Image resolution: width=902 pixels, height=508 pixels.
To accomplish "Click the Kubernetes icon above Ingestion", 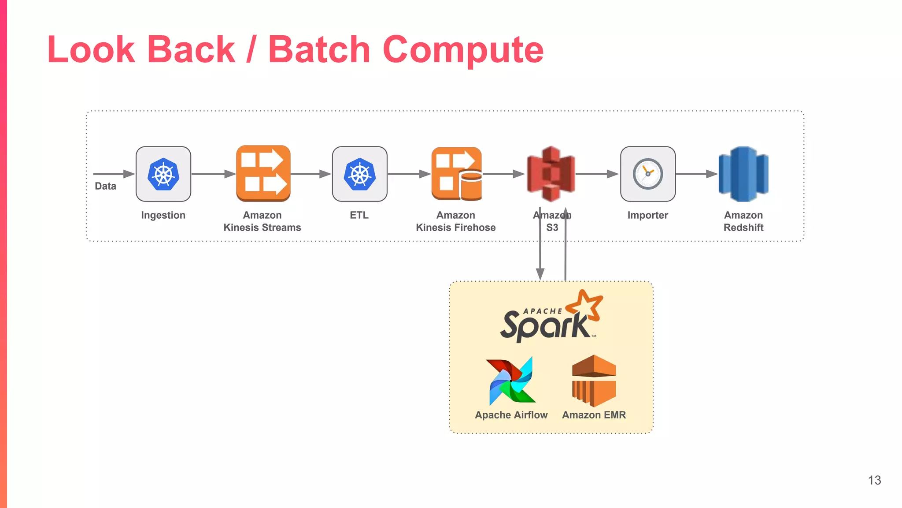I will (x=163, y=174).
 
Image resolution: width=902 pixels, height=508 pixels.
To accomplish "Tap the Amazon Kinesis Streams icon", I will (x=263, y=173).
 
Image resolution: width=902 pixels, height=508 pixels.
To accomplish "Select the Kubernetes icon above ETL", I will (x=360, y=174).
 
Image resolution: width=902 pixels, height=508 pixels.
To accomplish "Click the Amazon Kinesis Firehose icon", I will (x=457, y=174).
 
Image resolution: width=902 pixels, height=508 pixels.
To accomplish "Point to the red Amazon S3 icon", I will (x=551, y=174).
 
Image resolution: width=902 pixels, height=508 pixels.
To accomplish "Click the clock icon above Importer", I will (x=648, y=174).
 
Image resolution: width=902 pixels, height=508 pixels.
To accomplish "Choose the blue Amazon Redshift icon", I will (x=743, y=174).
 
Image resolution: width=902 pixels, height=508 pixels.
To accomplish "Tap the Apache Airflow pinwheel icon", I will (x=511, y=381).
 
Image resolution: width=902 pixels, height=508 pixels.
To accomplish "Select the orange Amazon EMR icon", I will (x=594, y=381).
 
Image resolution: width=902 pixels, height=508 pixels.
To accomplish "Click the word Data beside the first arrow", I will (x=105, y=186).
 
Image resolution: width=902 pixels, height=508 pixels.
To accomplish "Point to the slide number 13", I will (x=874, y=480).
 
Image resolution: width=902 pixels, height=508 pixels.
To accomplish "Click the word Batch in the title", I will (x=319, y=49).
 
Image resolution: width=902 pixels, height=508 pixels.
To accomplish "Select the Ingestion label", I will (x=163, y=215).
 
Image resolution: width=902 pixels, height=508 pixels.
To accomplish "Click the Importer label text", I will (x=647, y=215).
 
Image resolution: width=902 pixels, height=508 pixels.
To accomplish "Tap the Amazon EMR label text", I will (x=594, y=415).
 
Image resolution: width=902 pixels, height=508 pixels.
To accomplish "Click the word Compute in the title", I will (x=463, y=50).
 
